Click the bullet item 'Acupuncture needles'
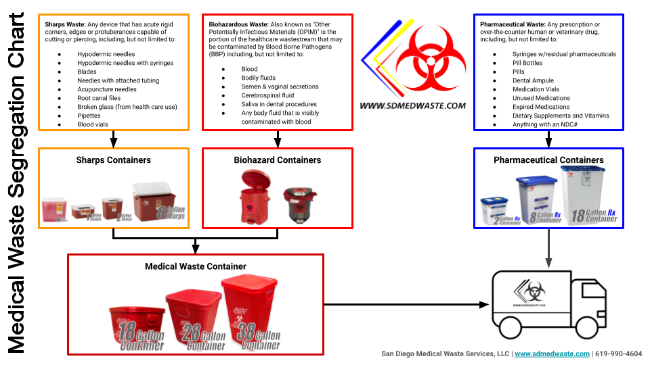pos(106,89)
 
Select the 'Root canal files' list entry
pos(99,98)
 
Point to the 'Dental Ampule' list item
pos(533,80)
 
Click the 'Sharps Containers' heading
pos(113,160)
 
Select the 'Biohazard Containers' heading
pos(278,160)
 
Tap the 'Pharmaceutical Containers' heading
pos(548,160)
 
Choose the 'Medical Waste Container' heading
pos(196,266)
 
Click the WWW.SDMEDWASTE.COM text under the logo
pos(412,105)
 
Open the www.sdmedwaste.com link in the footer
pos(552,354)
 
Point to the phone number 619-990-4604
pos(619,354)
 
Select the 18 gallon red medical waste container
pos(137,328)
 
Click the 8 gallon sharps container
pos(158,201)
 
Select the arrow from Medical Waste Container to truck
pos(406,305)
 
